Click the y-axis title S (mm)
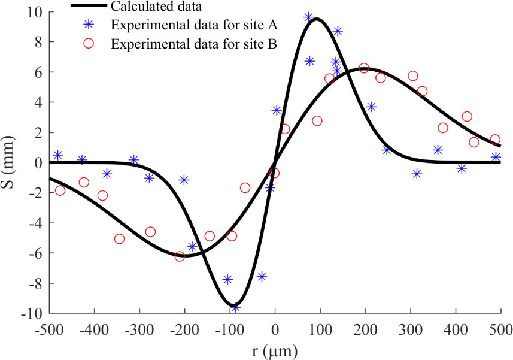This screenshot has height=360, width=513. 10,162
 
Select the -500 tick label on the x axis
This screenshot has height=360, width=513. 49,329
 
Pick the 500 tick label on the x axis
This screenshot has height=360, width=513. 500,329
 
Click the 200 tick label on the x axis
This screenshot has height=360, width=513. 365,329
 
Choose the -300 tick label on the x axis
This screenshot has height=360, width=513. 139,329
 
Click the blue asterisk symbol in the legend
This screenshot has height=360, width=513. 89,25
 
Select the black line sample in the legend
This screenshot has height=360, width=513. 89,6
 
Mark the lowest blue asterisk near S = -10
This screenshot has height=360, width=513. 235,307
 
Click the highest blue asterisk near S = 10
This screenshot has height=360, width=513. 309,17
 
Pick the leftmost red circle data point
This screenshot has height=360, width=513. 60,190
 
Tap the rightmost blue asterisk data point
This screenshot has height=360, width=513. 496,157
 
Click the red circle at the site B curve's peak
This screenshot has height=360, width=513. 363,68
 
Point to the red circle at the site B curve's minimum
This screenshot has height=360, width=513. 180,256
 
